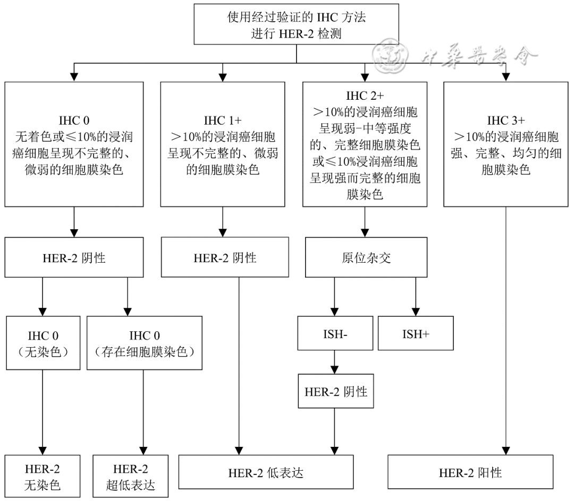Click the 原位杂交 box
point(367,258)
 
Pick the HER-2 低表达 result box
point(266,472)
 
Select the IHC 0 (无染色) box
point(42,343)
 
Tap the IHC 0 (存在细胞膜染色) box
point(144,343)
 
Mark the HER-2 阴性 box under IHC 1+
point(225,258)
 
